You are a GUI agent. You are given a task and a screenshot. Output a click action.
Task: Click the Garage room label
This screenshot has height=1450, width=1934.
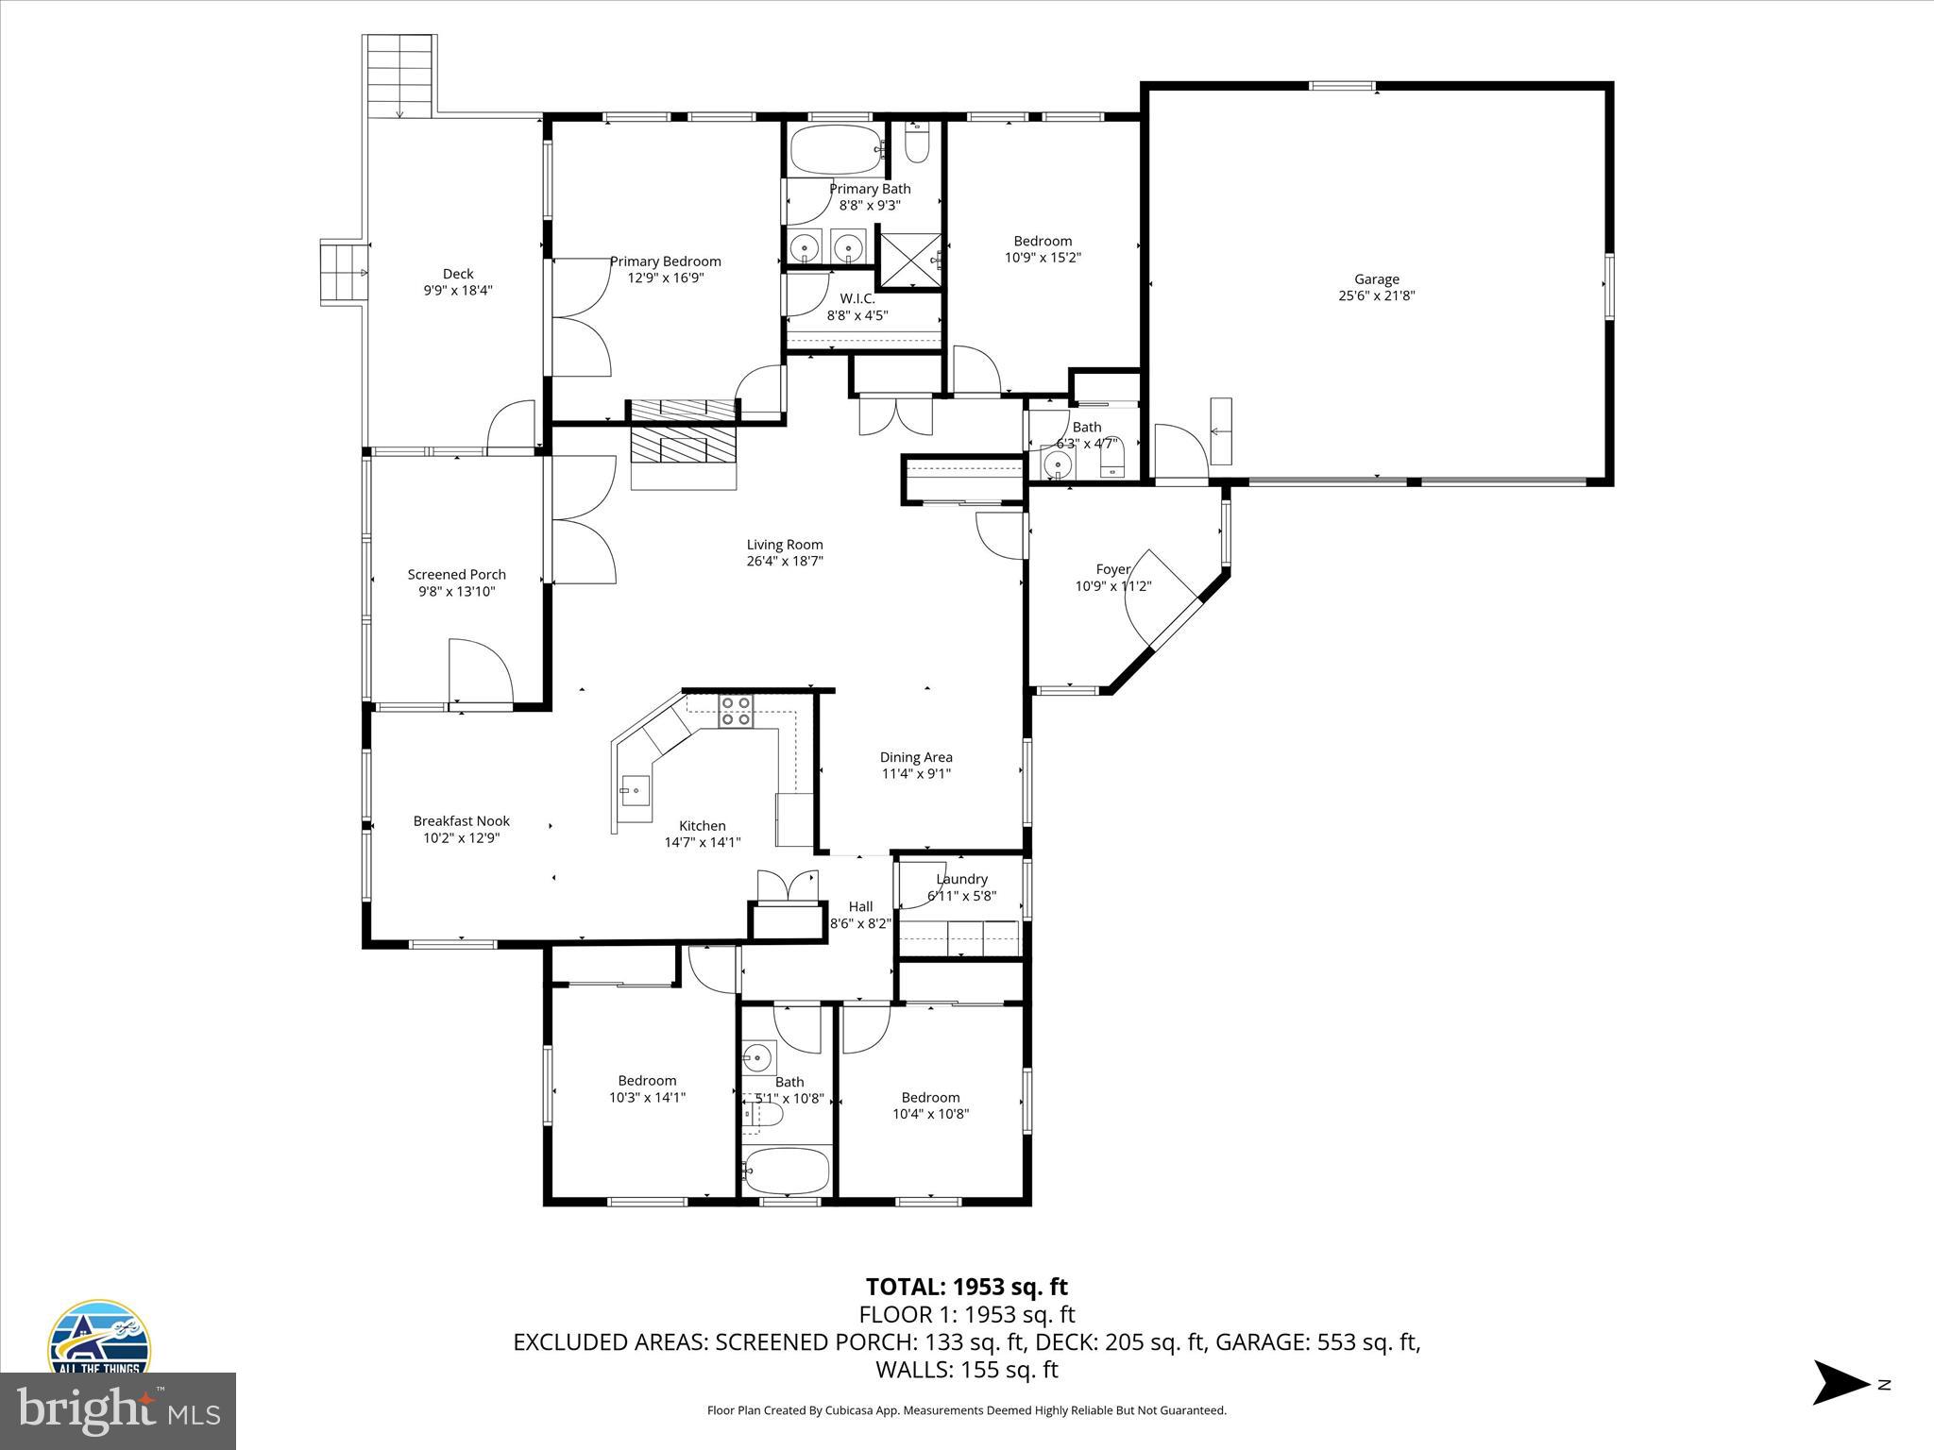pos(1376,279)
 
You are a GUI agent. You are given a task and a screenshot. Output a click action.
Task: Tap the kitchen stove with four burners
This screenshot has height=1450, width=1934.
pos(736,711)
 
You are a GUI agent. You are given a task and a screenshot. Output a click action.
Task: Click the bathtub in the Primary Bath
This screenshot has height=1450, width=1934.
pos(835,149)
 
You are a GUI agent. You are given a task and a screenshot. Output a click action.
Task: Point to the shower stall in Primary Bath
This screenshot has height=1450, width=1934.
pos(909,260)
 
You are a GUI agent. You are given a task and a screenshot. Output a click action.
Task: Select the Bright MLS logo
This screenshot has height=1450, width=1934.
pos(118,1411)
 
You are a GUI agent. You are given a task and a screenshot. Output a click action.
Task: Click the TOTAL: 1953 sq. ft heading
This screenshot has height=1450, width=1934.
pos(966,1287)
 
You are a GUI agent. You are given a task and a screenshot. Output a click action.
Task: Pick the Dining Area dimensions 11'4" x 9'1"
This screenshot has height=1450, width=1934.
pos(915,774)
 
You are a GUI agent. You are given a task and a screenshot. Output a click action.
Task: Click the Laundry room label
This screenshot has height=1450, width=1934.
pos(961,879)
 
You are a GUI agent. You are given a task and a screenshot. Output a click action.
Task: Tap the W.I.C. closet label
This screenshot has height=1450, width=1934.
pos(857,299)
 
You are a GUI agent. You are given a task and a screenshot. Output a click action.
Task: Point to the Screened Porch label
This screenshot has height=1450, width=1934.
pos(457,574)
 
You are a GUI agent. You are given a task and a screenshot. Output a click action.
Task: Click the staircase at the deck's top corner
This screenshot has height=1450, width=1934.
pos(399,76)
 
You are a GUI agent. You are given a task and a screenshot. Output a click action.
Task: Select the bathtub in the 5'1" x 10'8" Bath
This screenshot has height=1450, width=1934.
pos(787,1172)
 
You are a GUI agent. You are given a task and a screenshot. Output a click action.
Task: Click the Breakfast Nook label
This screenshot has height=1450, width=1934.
pos(461,821)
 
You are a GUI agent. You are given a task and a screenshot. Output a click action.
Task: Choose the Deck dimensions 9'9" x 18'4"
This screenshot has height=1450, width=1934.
pos(458,291)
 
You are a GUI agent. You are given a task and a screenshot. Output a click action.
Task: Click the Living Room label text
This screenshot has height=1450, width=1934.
pos(785,545)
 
